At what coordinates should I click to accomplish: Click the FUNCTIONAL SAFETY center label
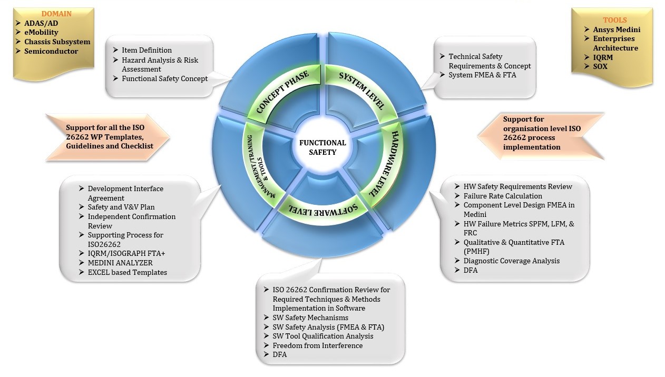coord(322,147)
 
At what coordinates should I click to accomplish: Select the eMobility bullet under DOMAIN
coord(41,32)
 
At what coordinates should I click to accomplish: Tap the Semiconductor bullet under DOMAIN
coord(51,51)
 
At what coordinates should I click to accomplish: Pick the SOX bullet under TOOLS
coord(600,66)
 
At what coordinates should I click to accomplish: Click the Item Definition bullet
coord(146,50)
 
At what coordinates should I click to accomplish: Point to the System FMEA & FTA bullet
coord(482,75)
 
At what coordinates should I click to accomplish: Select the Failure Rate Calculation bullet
coord(503,196)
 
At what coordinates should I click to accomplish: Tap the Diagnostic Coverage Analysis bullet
coord(512,261)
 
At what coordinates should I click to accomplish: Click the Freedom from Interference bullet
coord(317,345)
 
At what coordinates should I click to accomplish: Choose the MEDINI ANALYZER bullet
coord(120,263)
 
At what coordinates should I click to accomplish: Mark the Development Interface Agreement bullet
coord(125,193)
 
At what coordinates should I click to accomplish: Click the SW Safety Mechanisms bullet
coord(310,318)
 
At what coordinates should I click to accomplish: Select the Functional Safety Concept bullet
coord(164,78)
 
